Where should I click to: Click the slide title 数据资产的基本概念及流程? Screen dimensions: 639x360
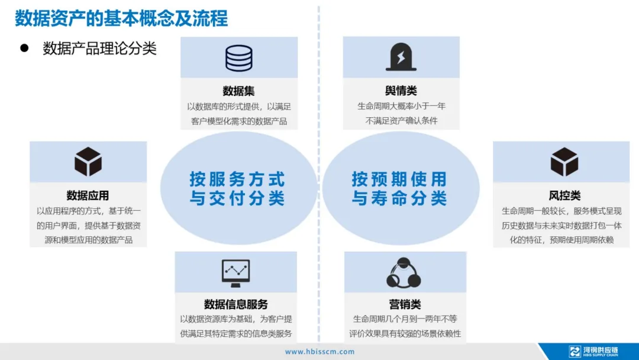[121, 18]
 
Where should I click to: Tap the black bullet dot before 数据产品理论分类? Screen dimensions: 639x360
[25, 48]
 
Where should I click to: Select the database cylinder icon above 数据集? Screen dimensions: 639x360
[239, 58]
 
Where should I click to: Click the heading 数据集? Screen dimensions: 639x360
[239, 91]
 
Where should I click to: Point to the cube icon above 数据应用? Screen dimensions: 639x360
[88, 162]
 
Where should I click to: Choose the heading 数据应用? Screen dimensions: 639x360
[88, 196]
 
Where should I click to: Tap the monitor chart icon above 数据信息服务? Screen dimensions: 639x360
[235, 272]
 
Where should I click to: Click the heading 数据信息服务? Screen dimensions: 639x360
[236, 304]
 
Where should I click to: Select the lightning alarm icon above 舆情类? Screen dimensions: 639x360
[401, 57]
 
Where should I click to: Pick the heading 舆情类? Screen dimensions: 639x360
[401, 91]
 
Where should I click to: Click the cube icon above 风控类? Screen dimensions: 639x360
[564, 162]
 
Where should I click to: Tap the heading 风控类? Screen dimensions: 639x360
[564, 196]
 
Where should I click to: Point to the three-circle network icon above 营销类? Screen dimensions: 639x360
[404, 273]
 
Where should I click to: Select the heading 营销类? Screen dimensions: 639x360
[405, 304]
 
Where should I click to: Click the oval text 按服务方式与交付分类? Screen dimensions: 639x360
[237, 188]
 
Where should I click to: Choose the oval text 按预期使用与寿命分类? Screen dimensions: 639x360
[399, 188]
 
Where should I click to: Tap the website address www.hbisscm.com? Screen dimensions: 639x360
[320, 352]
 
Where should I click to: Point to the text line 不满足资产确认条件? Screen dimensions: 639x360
[401, 121]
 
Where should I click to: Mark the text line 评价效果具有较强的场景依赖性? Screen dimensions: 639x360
[405, 333]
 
